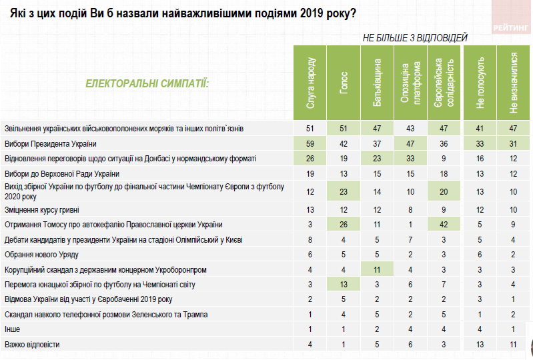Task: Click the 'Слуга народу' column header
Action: [310, 83]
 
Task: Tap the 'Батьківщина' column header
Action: [377, 83]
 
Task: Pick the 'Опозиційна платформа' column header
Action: [410, 83]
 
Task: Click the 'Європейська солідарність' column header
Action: [444, 83]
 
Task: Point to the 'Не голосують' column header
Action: [480, 83]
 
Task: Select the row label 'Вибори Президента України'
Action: [51, 143]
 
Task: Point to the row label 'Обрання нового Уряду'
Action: [43, 255]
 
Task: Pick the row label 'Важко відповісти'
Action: [33, 344]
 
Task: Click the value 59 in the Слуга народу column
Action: [310, 143]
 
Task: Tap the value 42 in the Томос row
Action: [444, 225]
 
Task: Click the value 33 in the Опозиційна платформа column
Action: [410, 158]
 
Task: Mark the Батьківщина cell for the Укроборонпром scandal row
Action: [377, 269]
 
